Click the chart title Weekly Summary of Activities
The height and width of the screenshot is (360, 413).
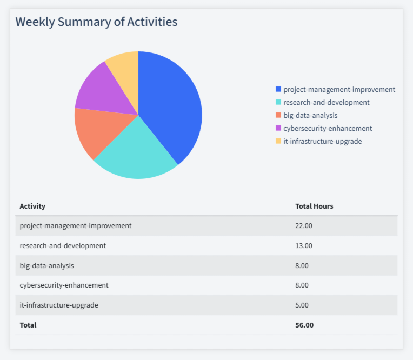(x=96, y=22)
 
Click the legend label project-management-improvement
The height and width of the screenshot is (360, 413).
(x=339, y=89)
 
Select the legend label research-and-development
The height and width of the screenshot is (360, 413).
(x=326, y=102)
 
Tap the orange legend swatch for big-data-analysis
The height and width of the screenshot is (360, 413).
(x=278, y=115)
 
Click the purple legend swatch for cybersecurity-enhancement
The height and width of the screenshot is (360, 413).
(x=278, y=128)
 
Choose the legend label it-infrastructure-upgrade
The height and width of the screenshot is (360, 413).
(x=322, y=141)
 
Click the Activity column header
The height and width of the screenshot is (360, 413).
(x=32, y=206)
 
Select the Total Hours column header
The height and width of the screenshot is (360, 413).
(x=314, y=206)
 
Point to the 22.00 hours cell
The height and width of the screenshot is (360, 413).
(x=304, y=225)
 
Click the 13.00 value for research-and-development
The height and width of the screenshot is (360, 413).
(x=304, y=245)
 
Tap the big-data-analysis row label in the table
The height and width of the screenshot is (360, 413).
(x=46, y=265)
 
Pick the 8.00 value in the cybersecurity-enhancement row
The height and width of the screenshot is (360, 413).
(x=302, y=285)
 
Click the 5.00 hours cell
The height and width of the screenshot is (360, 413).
(x=302, y=305)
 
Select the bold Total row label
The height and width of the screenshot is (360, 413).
(x=28, y=325)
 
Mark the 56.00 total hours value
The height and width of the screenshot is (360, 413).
(x=304, y=325)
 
